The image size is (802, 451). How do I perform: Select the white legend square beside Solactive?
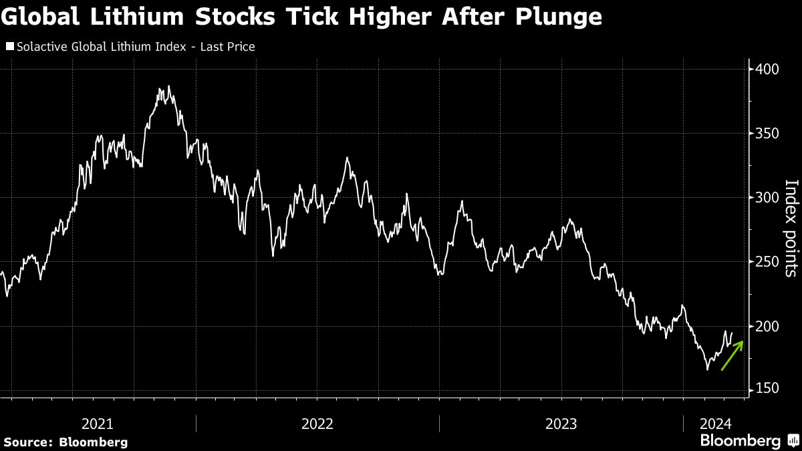[9, 47]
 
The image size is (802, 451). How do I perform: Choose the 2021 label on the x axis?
[97, 424]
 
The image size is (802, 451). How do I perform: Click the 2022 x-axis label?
[317, 424]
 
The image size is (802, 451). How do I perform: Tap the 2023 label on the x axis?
[561, 424]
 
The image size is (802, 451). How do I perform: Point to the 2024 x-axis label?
[715, 424]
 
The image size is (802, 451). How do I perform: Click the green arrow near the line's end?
[732, 355]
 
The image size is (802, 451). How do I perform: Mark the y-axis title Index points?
[791, 228]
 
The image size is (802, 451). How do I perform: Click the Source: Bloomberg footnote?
[65, 442]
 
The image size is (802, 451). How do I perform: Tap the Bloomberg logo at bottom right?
[749, 441]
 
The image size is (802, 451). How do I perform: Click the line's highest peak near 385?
[169, 86]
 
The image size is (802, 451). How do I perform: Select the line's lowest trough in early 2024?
[708, 369]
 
